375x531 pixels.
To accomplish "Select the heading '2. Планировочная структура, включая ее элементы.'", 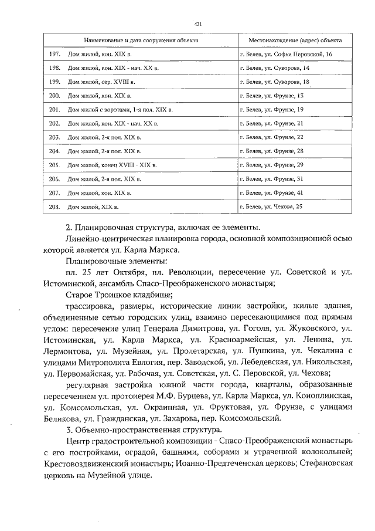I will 163,228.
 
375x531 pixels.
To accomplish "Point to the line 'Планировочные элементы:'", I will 117,261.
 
